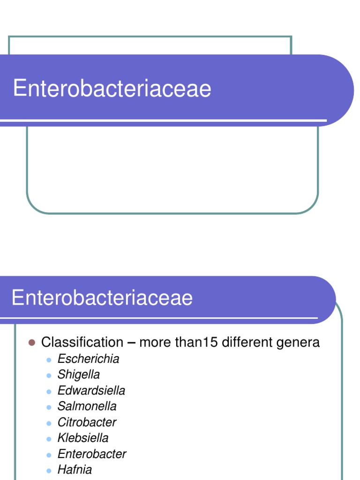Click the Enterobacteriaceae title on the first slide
tap(112, 89)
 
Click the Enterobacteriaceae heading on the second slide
tap(102, 298)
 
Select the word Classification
tap(82, 342)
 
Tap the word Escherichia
tap(88, 359)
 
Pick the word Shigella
tap(79, 375)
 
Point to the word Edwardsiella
tap(91, 390)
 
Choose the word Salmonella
tap(87, 406)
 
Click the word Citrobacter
tap(87, 422)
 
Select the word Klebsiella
tap(83, 438)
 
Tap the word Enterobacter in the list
tap(92, 454)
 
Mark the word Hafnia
tap(75, 470)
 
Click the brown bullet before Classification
tap(32, 343)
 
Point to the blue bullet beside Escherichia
tap(48, 360)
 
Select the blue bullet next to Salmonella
tap(48, 407)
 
